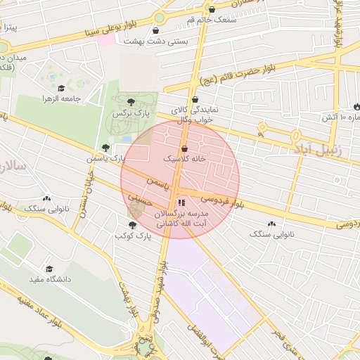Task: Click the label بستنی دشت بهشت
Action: (x=155, y=41)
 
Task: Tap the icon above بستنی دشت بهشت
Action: (x=155, y=31)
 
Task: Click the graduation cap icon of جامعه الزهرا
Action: (x=62, y=89)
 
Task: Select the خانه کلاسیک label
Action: (x=184, y=160)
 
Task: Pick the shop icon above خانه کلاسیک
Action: (x=184, y=149)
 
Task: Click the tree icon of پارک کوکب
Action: (x=132, y=224)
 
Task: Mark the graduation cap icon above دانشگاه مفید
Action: (x=49, y=269)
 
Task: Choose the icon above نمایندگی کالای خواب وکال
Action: (x=195, y=99)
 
